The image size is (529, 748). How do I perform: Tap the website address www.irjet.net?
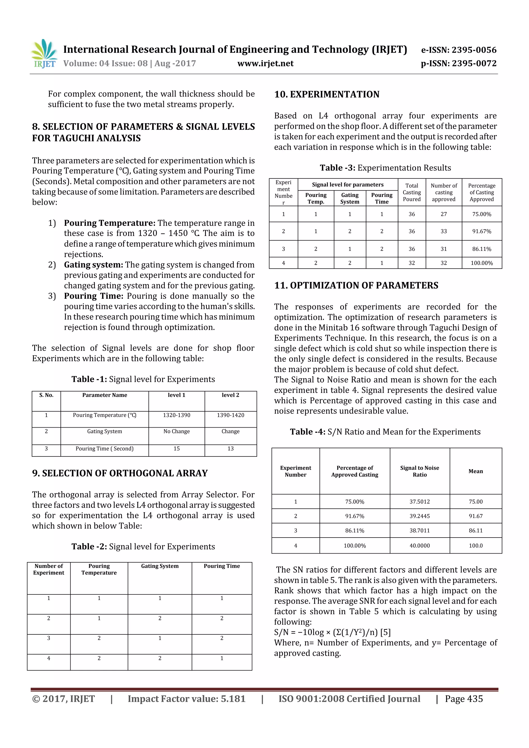coord(265,64)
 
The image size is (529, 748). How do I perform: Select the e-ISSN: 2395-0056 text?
coord(458,50)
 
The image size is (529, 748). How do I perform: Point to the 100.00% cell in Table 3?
coord(481,263)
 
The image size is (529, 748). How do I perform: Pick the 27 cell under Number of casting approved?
coord(444,214)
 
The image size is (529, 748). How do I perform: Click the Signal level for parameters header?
coord(347,184)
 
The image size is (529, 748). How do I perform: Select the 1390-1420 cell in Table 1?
coord(230,415)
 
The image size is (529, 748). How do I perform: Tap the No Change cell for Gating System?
coord(176,431)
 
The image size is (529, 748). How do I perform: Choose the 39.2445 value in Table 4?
coord(419,516)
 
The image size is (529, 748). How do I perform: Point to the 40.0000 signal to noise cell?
coord(419,545)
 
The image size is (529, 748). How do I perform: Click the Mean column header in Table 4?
coord(476,471)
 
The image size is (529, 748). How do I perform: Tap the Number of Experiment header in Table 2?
coord(49,569)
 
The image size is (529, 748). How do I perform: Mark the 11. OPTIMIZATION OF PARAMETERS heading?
coord(356,285)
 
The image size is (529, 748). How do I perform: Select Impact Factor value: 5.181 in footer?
coord(186,699)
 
